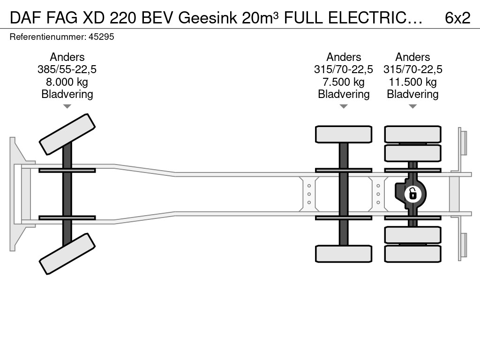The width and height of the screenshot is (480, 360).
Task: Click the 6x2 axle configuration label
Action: pos(457,18)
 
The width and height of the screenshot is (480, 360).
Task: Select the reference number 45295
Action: pos(101,37)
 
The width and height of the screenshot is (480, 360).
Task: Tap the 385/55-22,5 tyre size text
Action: pos(67,69)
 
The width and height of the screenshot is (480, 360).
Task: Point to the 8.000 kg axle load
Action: pos(67,82)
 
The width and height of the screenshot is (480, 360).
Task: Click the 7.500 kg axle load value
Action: pos(344,82)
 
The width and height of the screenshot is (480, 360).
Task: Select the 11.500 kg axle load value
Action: pos(412,82)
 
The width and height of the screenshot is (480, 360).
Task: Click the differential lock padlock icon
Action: pos(412,194)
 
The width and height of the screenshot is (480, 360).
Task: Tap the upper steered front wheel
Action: pos(67,135)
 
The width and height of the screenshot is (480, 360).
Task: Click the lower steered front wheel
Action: pos(67,254)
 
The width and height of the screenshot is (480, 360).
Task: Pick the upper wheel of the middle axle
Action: pos(344,134)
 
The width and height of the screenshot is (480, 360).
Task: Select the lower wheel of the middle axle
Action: pos(344,254)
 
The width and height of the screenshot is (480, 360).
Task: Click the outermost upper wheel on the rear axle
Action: pos(412,134)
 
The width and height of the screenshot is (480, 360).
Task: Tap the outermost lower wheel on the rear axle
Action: pos(412,254)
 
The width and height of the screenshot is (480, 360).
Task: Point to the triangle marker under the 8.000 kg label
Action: pos(67,106)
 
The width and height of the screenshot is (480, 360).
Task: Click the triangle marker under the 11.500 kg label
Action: pos(412,106)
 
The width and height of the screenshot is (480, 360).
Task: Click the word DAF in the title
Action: pos(26,18)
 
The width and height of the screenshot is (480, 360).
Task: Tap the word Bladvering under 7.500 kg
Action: pos(344,94)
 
